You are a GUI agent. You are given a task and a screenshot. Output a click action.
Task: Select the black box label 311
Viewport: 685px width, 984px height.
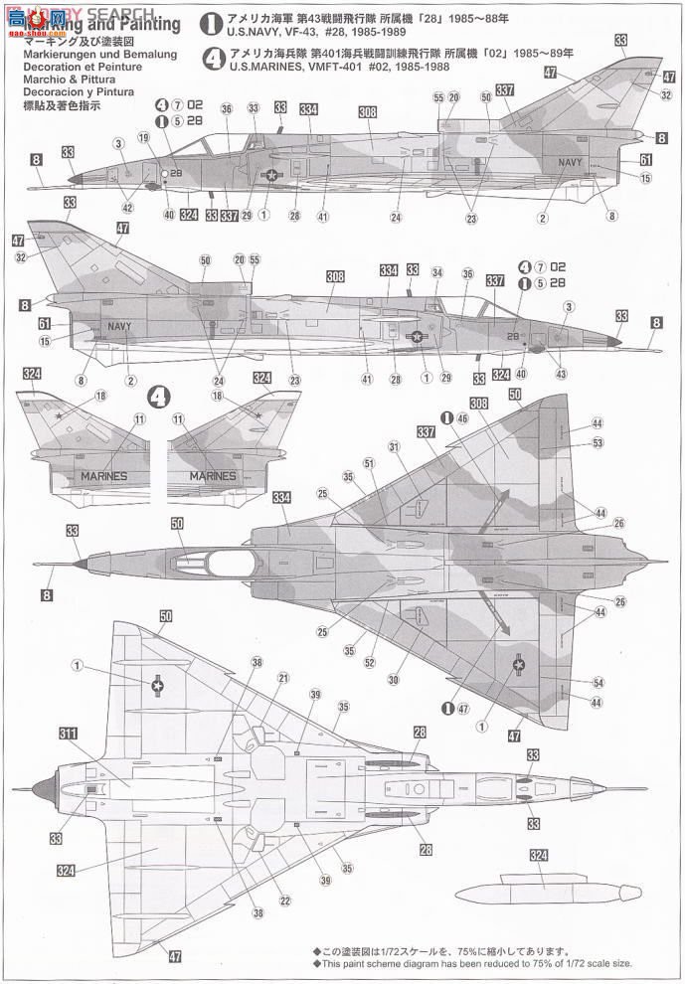(x=68, y=735)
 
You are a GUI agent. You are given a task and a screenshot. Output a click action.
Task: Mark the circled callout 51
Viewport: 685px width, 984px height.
(x=368, y=462)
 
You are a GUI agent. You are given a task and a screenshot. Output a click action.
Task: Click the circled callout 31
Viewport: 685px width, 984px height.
(x=394, y=447)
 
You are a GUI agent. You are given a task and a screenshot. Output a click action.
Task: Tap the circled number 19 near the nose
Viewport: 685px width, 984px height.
(x=144, y=138)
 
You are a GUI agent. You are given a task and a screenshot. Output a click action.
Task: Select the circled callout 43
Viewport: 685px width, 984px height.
(x=561, y=374)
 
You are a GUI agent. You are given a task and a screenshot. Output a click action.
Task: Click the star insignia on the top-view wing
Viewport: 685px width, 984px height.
(x=520, y=665)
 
